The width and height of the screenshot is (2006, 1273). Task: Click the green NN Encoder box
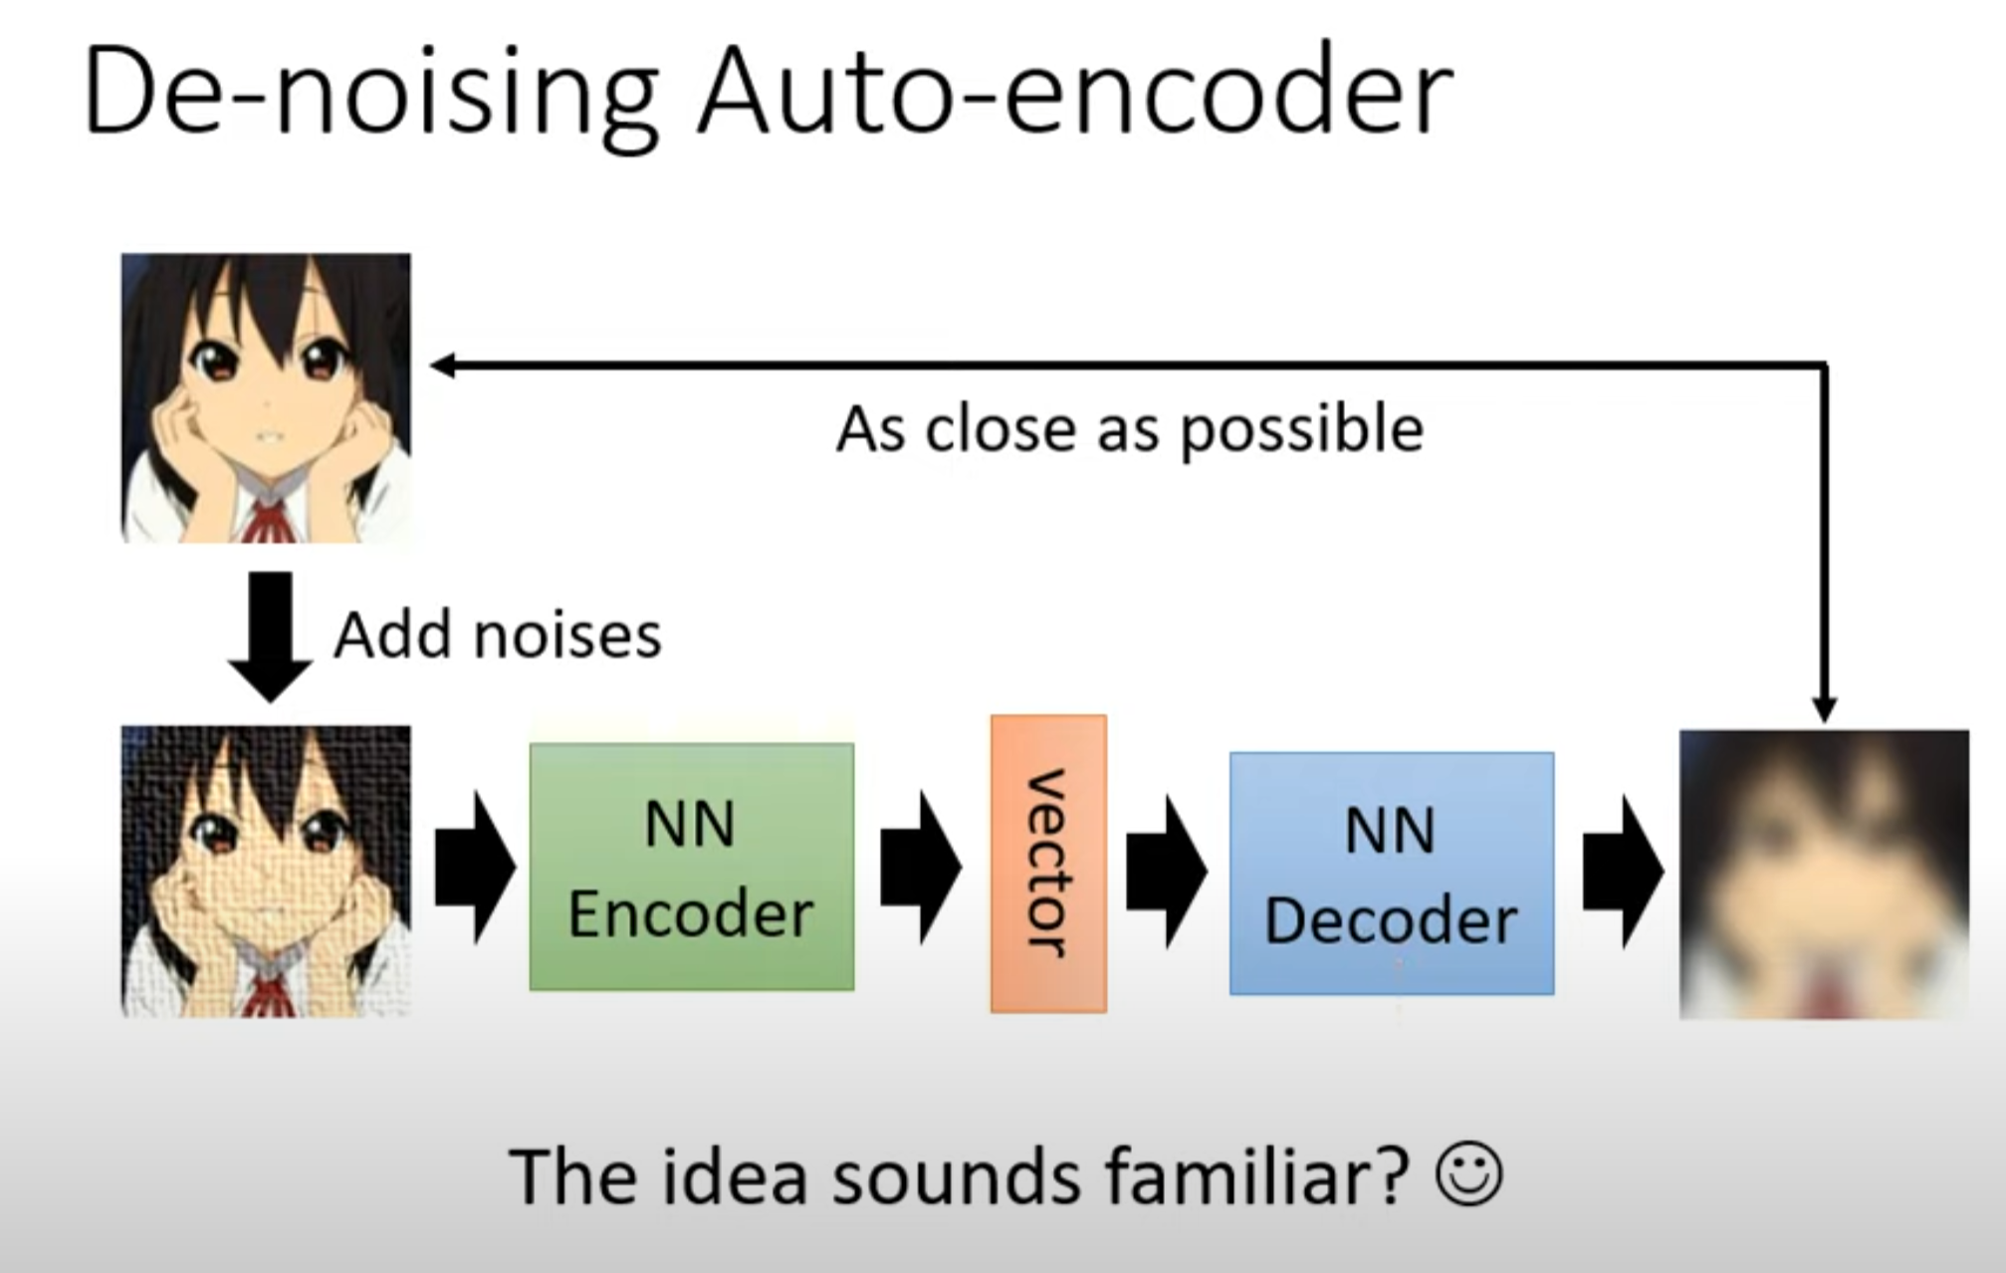(x=691, y=867)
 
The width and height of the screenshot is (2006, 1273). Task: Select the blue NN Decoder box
(x=1391, y=874)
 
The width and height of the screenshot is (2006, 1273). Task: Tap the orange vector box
(x=1048, y=864)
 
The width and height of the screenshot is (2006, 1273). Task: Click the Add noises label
(x=497, y=636)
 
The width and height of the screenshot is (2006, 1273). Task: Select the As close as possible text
(x=1130, y=430)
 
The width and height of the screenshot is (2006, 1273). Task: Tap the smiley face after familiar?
(x=1468, y=1176)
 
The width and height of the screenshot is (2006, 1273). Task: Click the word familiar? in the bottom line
(x=1256, y=1177)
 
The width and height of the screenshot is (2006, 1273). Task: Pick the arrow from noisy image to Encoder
(x=475, y=868)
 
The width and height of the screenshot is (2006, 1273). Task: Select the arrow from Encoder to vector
(x=920, y=868)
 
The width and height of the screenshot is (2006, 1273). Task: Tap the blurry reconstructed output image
(x=1824, y=874)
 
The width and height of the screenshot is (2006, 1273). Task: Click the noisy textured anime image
(x=266, y=871)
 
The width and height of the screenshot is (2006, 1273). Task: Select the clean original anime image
(x=266, y=397)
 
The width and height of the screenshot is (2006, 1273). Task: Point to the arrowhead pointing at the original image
(x=441, y=366)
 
